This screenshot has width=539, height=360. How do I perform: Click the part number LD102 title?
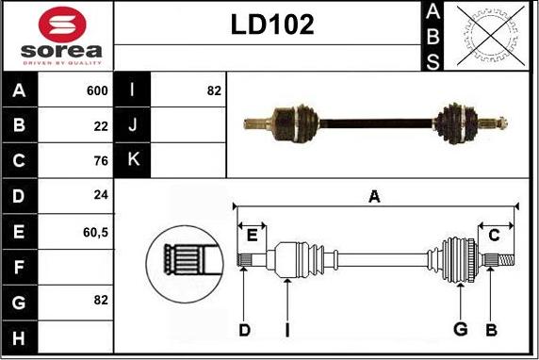pos(272,25)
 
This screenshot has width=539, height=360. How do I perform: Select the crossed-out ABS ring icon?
pos(482,36)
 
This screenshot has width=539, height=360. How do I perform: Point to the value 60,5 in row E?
pos(95,230)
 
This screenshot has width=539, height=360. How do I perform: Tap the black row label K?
pos(132,160)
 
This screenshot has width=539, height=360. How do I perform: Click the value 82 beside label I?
pos(213,90)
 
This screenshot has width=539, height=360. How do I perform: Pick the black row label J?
pos(132,125)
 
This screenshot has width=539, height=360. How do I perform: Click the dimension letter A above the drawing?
pos(374,196)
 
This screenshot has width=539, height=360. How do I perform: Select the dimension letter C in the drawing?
pos(494,235)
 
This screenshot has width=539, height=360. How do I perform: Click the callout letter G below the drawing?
pos(461,330)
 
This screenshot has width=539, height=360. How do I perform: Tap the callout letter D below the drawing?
pos(244,330)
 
